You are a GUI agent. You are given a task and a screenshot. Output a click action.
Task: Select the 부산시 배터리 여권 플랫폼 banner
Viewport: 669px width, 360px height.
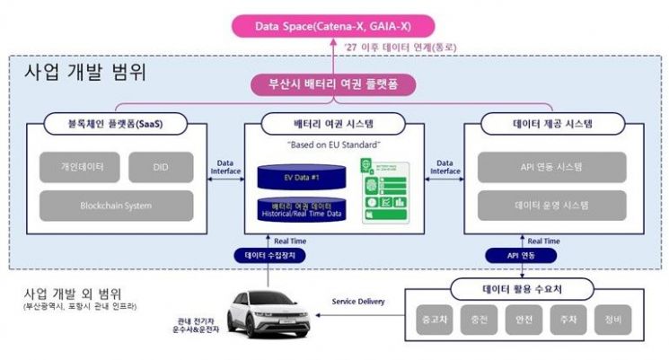click(334, 86)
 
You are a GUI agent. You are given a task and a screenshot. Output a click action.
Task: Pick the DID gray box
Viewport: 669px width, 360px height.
click(160, 166)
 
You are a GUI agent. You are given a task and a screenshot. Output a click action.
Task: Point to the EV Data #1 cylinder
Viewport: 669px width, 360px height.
click(295, 176)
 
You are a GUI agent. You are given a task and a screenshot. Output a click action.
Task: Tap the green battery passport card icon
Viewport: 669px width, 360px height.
click(383, 190)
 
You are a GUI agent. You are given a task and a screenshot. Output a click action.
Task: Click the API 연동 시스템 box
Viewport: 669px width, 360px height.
click(553, 166)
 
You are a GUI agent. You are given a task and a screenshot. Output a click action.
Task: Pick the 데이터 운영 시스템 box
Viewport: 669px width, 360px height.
click(553, 205)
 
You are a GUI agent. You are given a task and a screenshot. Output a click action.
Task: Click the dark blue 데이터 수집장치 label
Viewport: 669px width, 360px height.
click(275, 255)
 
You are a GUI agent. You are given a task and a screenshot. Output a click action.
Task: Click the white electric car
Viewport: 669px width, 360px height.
click(268, 308)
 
